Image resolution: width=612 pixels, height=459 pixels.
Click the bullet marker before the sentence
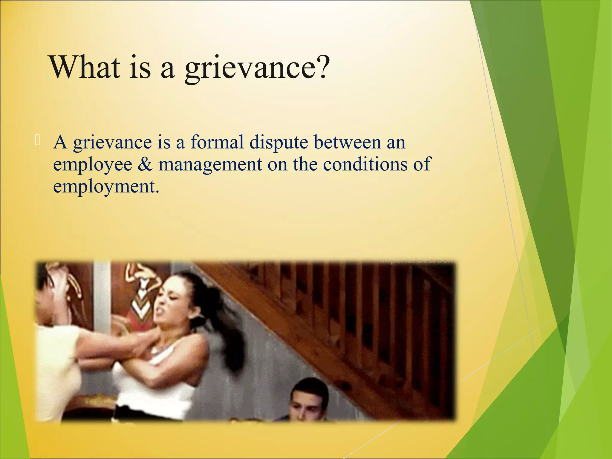[37, 140]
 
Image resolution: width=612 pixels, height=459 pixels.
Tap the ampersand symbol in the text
[145, 164]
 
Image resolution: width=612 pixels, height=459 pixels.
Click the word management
[210, 165]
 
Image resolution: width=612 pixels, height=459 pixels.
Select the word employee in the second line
[93, 165]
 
